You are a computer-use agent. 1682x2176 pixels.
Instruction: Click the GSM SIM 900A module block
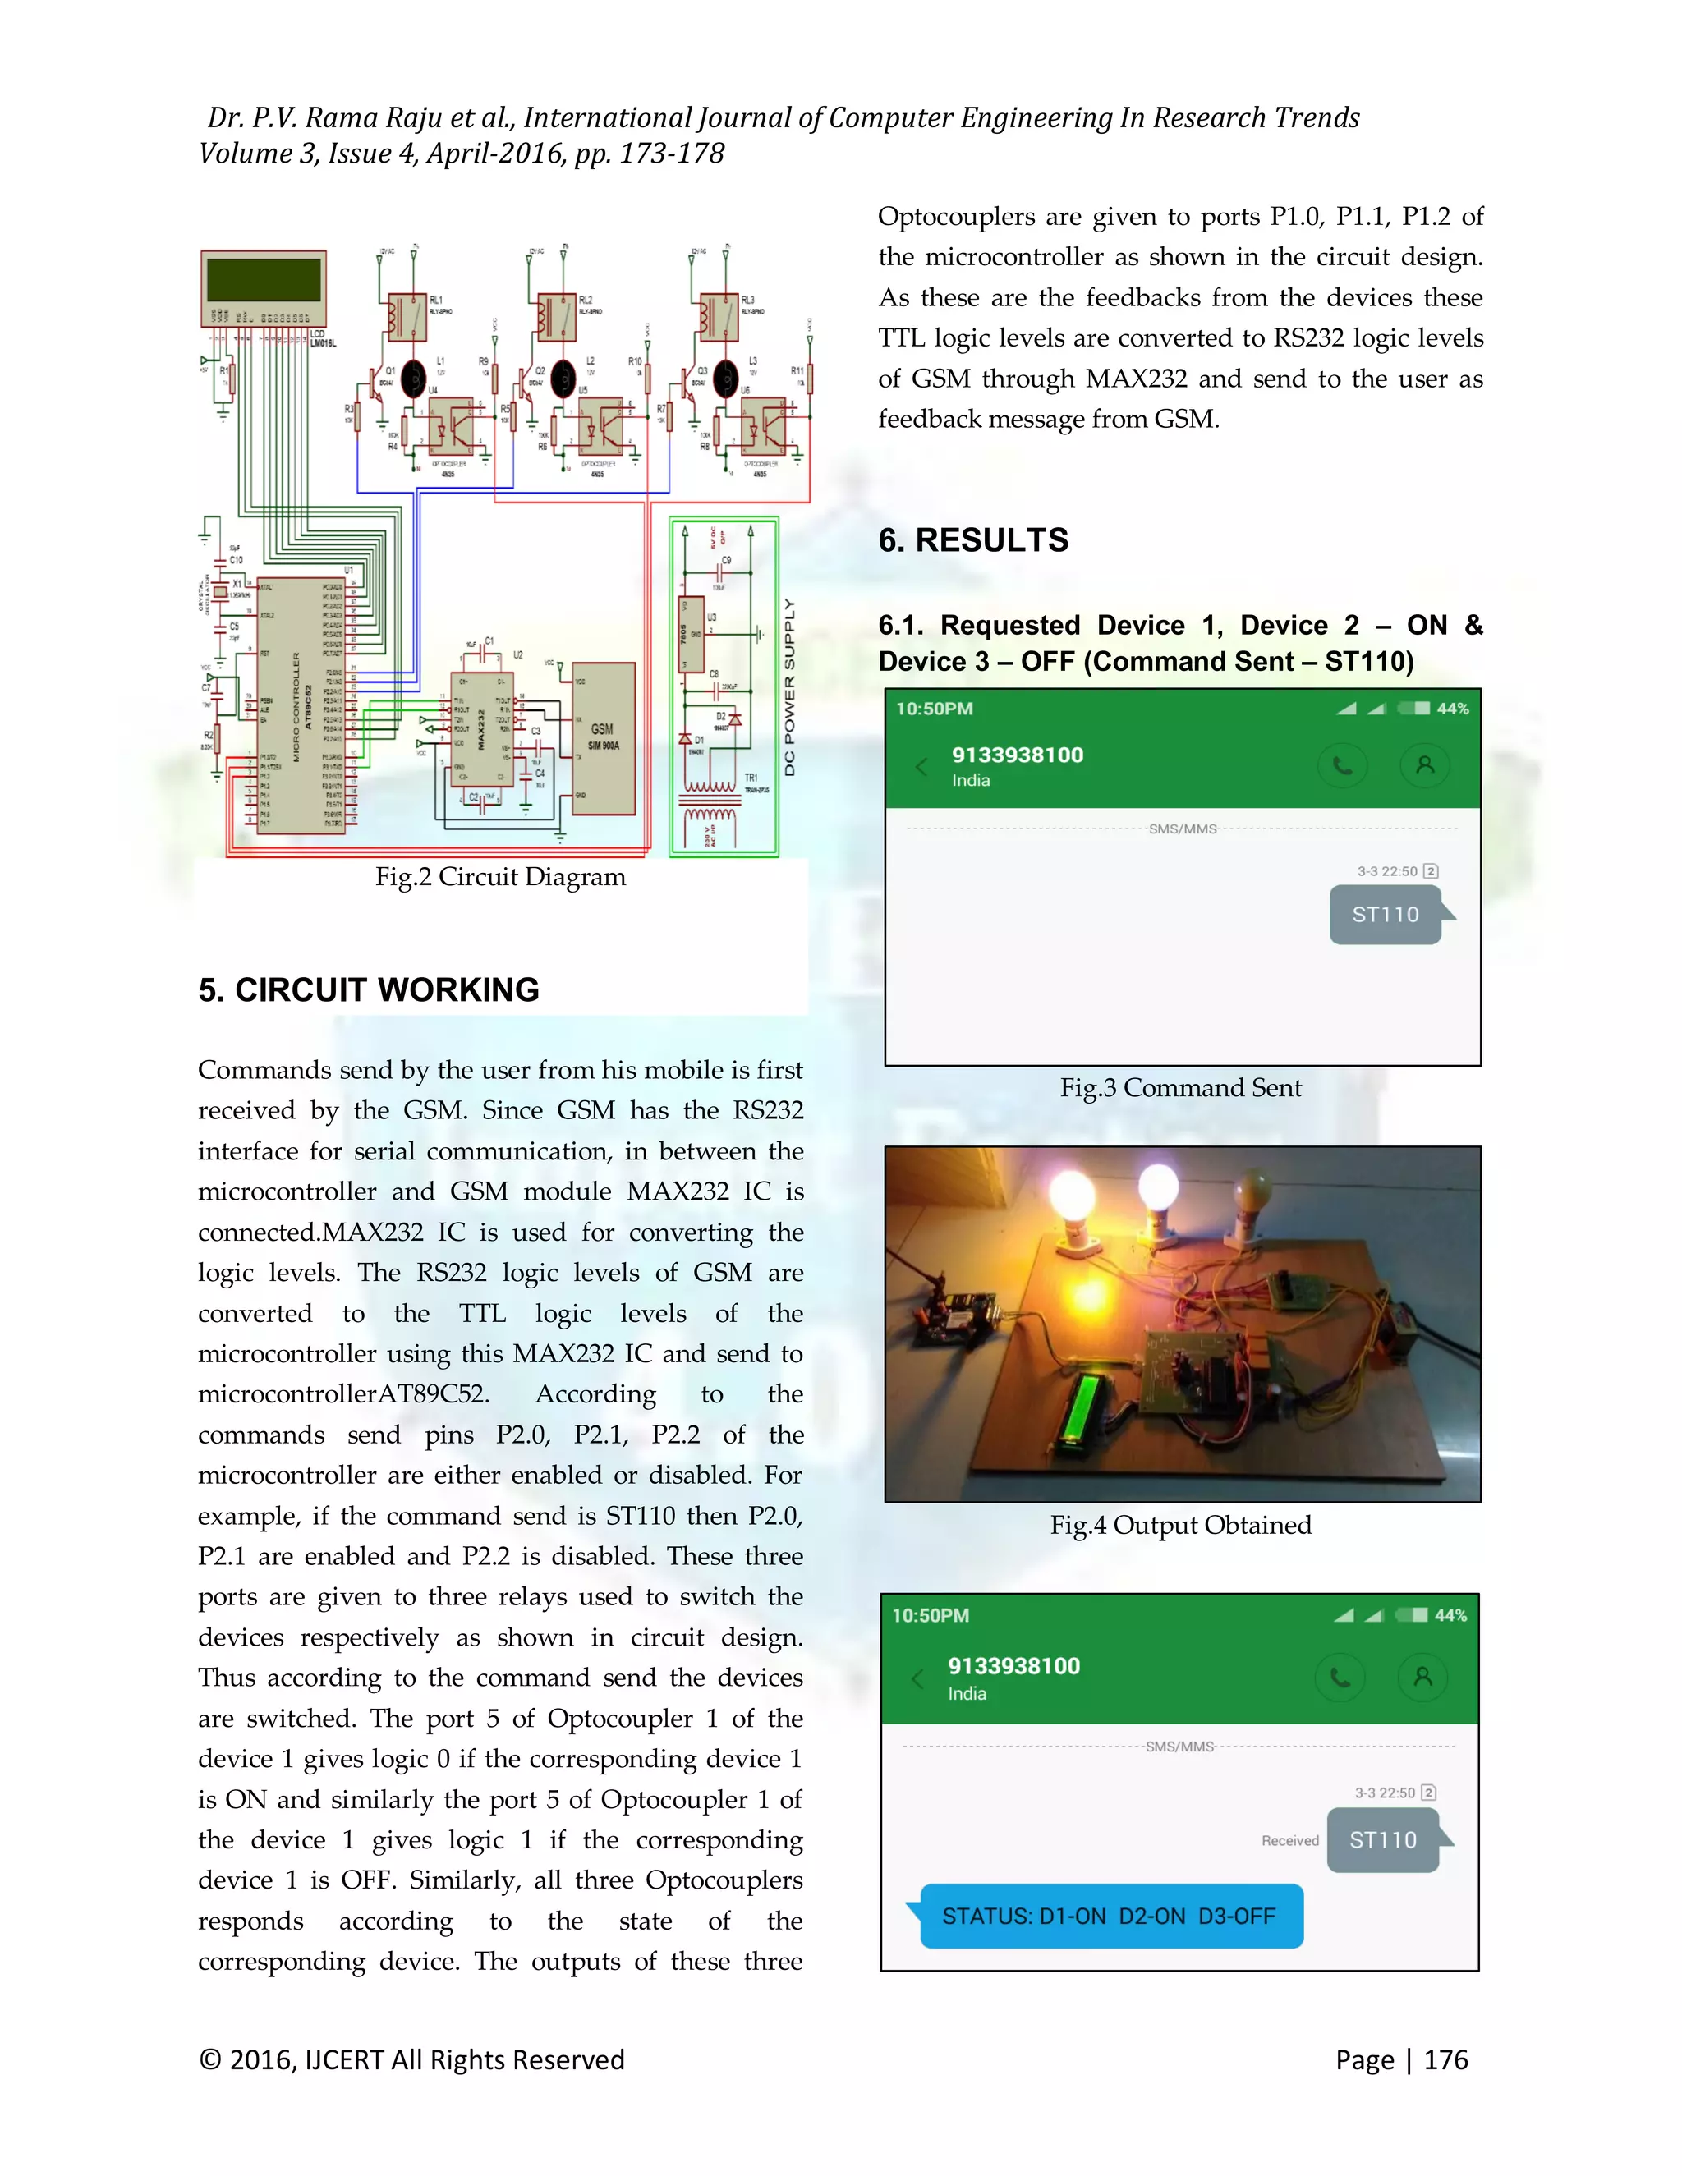602,739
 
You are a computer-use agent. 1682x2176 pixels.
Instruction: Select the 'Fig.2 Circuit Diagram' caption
500,877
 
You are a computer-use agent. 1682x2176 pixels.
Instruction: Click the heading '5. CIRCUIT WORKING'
369,989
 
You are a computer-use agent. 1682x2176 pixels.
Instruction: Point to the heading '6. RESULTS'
972,540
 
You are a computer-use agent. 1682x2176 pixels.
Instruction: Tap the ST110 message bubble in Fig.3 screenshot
1385,915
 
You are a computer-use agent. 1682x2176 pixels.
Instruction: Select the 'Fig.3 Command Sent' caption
1180,1088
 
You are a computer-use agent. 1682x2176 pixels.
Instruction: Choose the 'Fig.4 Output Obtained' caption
1180,1526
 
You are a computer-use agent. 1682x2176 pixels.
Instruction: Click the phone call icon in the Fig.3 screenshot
1342,766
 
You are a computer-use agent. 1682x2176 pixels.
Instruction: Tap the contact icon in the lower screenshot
1423,1677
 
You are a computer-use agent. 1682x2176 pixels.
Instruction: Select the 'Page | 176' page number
1401,2059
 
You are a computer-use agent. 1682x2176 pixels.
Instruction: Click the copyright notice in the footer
411,2059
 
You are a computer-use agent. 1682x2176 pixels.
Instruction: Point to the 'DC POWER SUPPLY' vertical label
789,687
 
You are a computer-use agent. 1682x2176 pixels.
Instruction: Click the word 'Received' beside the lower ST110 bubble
1289,1841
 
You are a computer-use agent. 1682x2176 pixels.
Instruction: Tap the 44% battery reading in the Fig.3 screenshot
1452,709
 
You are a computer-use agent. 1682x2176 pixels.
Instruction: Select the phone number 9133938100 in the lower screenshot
1013,1666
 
